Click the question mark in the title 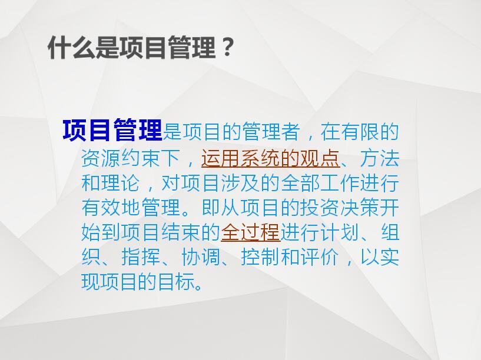[227, 47]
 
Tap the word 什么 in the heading [71, 48]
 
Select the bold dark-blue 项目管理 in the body [112, 130]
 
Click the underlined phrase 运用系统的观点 [271, 158]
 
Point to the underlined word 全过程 [250, 232]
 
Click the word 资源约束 [121, 158]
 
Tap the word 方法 [380, 158]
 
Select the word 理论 [121, 183]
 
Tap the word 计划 [340, 232]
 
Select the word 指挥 [141, 256]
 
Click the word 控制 [260, 256]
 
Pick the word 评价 [320, 256]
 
